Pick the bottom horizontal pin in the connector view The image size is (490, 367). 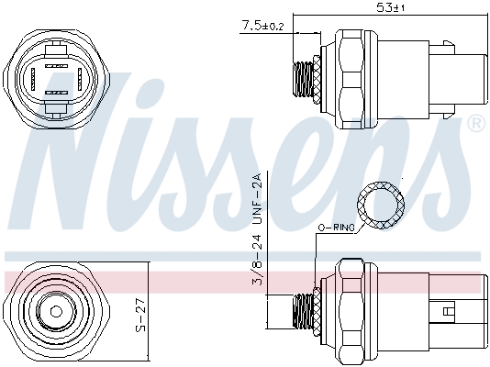pyautogui.click(x=57, y=93)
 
